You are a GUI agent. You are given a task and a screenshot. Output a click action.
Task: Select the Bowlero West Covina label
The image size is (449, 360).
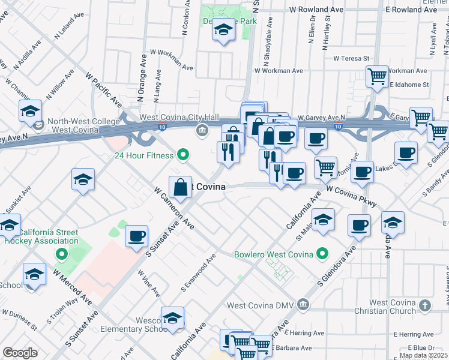[x=274, y=254]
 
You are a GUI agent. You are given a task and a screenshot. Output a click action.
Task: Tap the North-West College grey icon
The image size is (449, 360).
[x=39, y=125]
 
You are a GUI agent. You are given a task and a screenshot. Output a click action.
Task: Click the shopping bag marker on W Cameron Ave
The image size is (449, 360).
[x=180, y=187]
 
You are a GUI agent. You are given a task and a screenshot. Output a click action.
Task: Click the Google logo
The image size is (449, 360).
[x=20, y=353]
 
